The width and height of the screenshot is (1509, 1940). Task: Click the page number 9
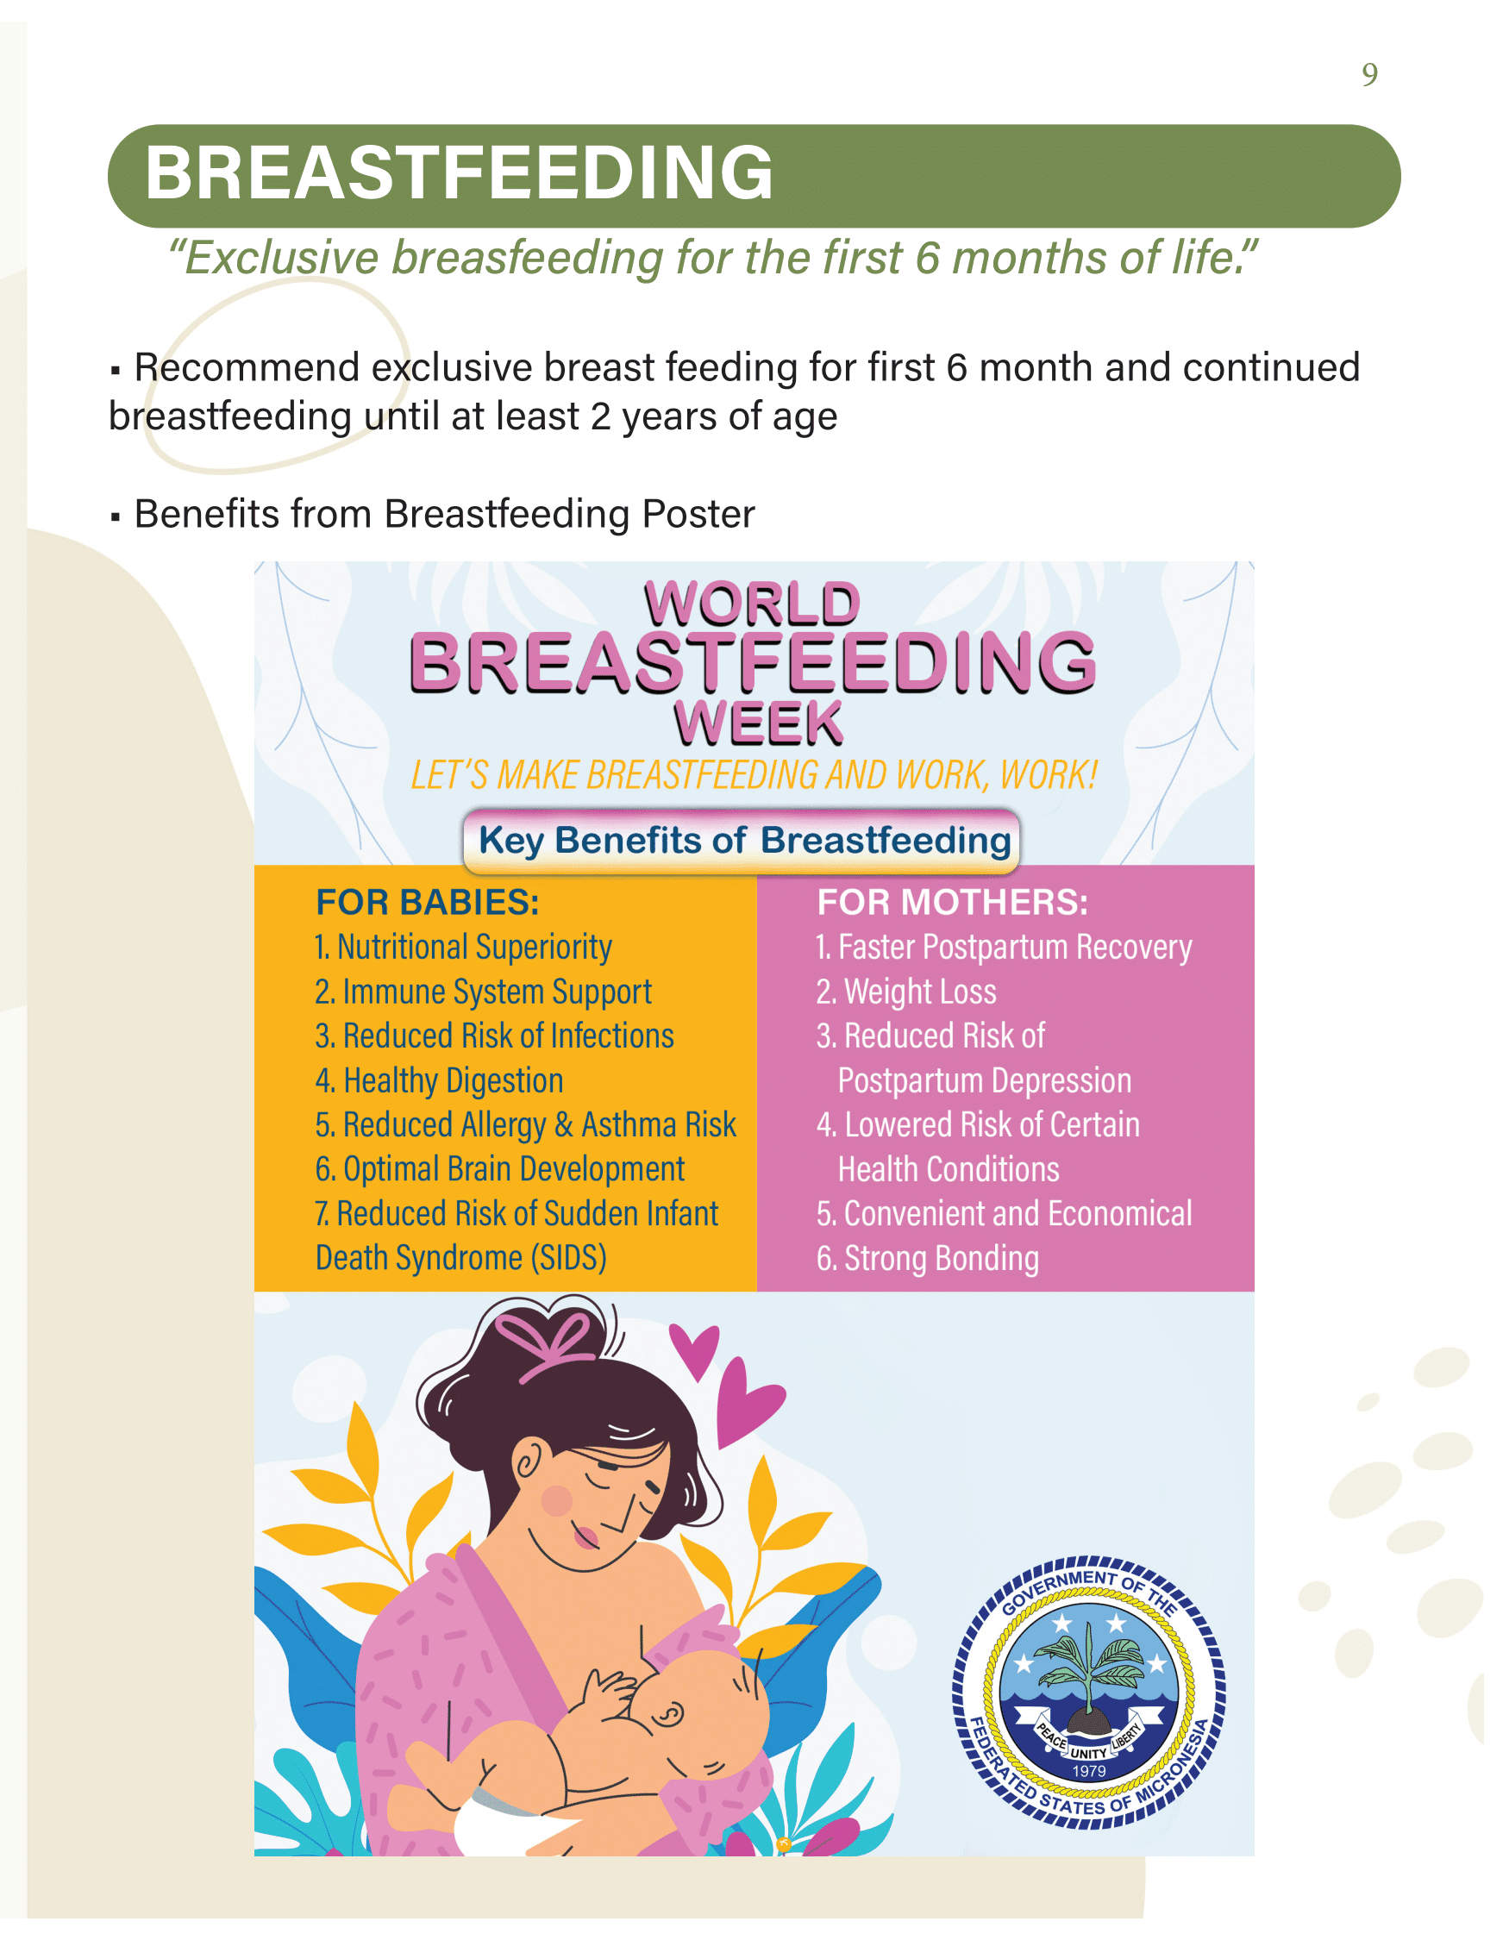[x=1369, y=74]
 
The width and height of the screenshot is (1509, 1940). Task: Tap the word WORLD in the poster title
[x=752, y=604]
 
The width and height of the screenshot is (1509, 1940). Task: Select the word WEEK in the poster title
[x=758, y=723]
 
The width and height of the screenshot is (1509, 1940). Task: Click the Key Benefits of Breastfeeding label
[x=743, y=840]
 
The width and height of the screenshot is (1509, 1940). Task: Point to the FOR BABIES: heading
[x=427, y=902]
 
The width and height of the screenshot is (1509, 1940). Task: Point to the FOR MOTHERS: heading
[x=952, y=902]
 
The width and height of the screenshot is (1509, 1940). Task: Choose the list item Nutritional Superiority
[x=463, y=948]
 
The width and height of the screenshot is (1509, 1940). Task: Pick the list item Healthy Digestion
[x=439, y=1081]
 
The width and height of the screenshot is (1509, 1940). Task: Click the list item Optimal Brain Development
[x=499, y=1170]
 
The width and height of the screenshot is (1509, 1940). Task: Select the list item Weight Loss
[x=906, y=992]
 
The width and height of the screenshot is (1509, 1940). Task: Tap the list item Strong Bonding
[x=927, y=1259]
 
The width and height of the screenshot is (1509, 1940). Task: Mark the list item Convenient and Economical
[x=1004, y=1213]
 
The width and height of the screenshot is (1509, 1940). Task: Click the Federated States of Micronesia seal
[x=1088, y=1693]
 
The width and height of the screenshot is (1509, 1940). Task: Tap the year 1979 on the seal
[x=1088, y=1770]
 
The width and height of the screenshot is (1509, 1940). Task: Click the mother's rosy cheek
[x=557, y=1500]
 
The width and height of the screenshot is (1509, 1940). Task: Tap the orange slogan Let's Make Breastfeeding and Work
[x=754, y=775]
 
